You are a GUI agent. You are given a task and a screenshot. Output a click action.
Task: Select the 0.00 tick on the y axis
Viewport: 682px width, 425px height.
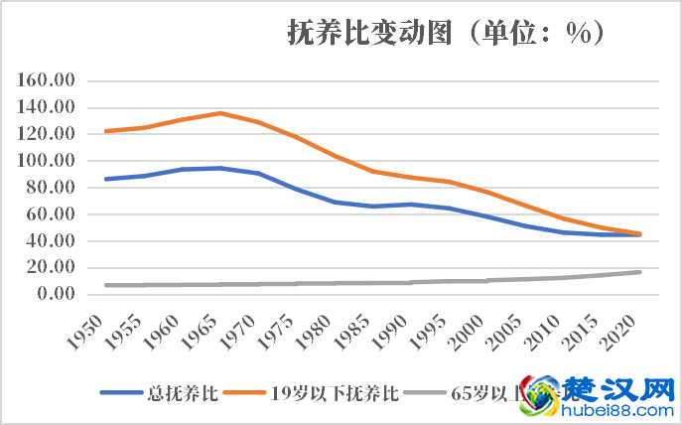tap(56, 294)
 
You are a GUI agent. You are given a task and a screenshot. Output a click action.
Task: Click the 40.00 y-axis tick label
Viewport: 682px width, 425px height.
tap(53, 240)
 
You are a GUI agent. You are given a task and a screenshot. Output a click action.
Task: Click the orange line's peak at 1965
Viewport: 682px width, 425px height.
tap(220, 113)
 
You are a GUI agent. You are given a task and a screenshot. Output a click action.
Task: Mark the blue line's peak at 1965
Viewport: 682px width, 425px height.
tap(220, 168)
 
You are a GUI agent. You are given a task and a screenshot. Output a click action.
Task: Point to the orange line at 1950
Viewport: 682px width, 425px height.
tap(105, 131)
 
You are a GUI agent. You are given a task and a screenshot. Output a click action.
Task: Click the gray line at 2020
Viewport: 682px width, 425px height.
tap(640, 272)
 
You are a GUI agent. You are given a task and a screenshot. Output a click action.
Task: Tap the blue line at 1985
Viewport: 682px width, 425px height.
tap(373, 207)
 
